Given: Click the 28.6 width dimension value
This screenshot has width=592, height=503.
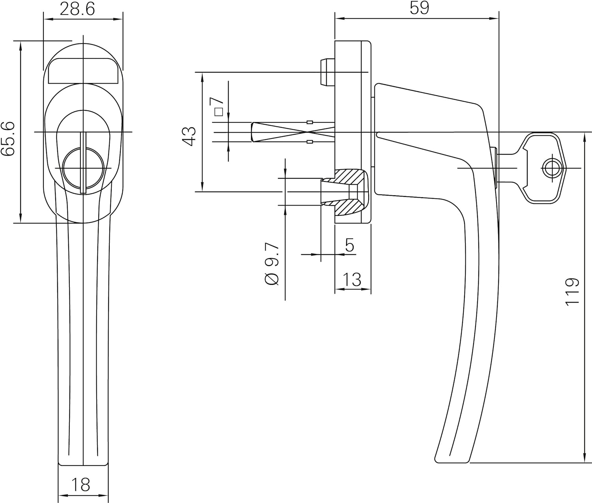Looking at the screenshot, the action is [x=77, y=9].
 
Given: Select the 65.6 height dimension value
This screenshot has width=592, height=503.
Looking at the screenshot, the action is [x=8, y=138].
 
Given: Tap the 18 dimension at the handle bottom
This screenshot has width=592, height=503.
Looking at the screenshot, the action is [x=81, y=484].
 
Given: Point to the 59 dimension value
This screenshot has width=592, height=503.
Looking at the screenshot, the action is [x=419, y=8].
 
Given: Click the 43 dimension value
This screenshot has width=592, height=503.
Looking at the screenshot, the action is [x=189, y=136].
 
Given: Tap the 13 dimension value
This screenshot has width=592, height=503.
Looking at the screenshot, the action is [x=352, y=279].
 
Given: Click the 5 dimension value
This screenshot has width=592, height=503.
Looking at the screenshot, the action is [x=349, y=245].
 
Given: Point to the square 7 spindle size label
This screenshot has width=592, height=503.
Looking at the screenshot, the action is [x=218, y=106].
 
